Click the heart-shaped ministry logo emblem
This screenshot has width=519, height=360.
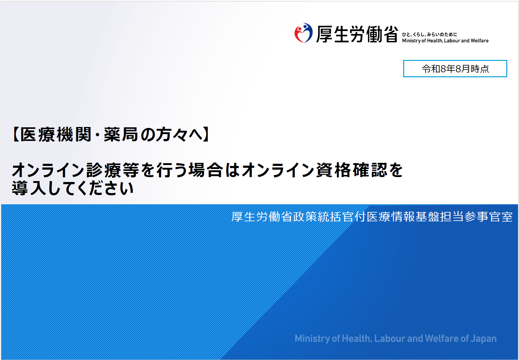[303, 33]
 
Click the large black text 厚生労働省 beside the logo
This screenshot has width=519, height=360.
[357, 34]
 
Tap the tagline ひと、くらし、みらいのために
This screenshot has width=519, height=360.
[429, 35]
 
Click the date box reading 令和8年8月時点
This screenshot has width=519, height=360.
[455, 69]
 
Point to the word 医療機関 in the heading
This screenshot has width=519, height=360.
[56, 134]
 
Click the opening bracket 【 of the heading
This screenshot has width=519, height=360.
[15, 134]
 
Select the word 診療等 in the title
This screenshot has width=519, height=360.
[113, 170]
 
